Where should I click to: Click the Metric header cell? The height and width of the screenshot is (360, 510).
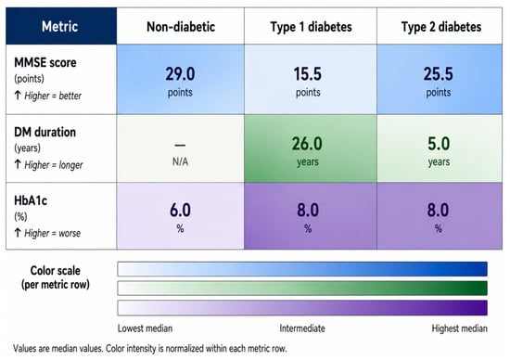click(x=60, y=26)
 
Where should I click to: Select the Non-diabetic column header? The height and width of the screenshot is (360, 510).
click(x=181, y=27)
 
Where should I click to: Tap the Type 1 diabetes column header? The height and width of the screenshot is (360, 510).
click(x=311, y=27)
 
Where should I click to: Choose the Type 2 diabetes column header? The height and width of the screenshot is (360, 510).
click(x=441, y=27)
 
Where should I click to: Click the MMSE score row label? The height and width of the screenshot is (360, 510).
click(x=45, y=62)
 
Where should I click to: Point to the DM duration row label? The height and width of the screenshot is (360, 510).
click(x=45, y=132)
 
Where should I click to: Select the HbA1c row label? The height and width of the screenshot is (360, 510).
click(x=31, y=200)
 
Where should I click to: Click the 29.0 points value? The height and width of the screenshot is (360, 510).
click(x=180, y=82)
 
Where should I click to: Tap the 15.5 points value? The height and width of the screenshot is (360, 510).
click(x=308, y=82)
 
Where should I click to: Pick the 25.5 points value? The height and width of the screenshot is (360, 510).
click(x=438, y=82)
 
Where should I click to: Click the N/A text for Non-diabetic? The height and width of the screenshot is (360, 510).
click(x=180, y=161)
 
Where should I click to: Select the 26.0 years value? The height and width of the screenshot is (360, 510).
click(x=307, y=151)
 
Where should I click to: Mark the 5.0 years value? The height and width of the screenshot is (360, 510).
click(x=439, y=151)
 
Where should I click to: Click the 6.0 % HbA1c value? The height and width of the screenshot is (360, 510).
click(x=180, y=217)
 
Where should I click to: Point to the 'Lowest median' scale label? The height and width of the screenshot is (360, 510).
click(x=145, y=328)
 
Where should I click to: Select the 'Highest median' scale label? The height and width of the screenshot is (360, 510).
click(x=459, y=328)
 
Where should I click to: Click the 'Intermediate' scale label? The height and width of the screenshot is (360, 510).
click(x=302, y=328)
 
